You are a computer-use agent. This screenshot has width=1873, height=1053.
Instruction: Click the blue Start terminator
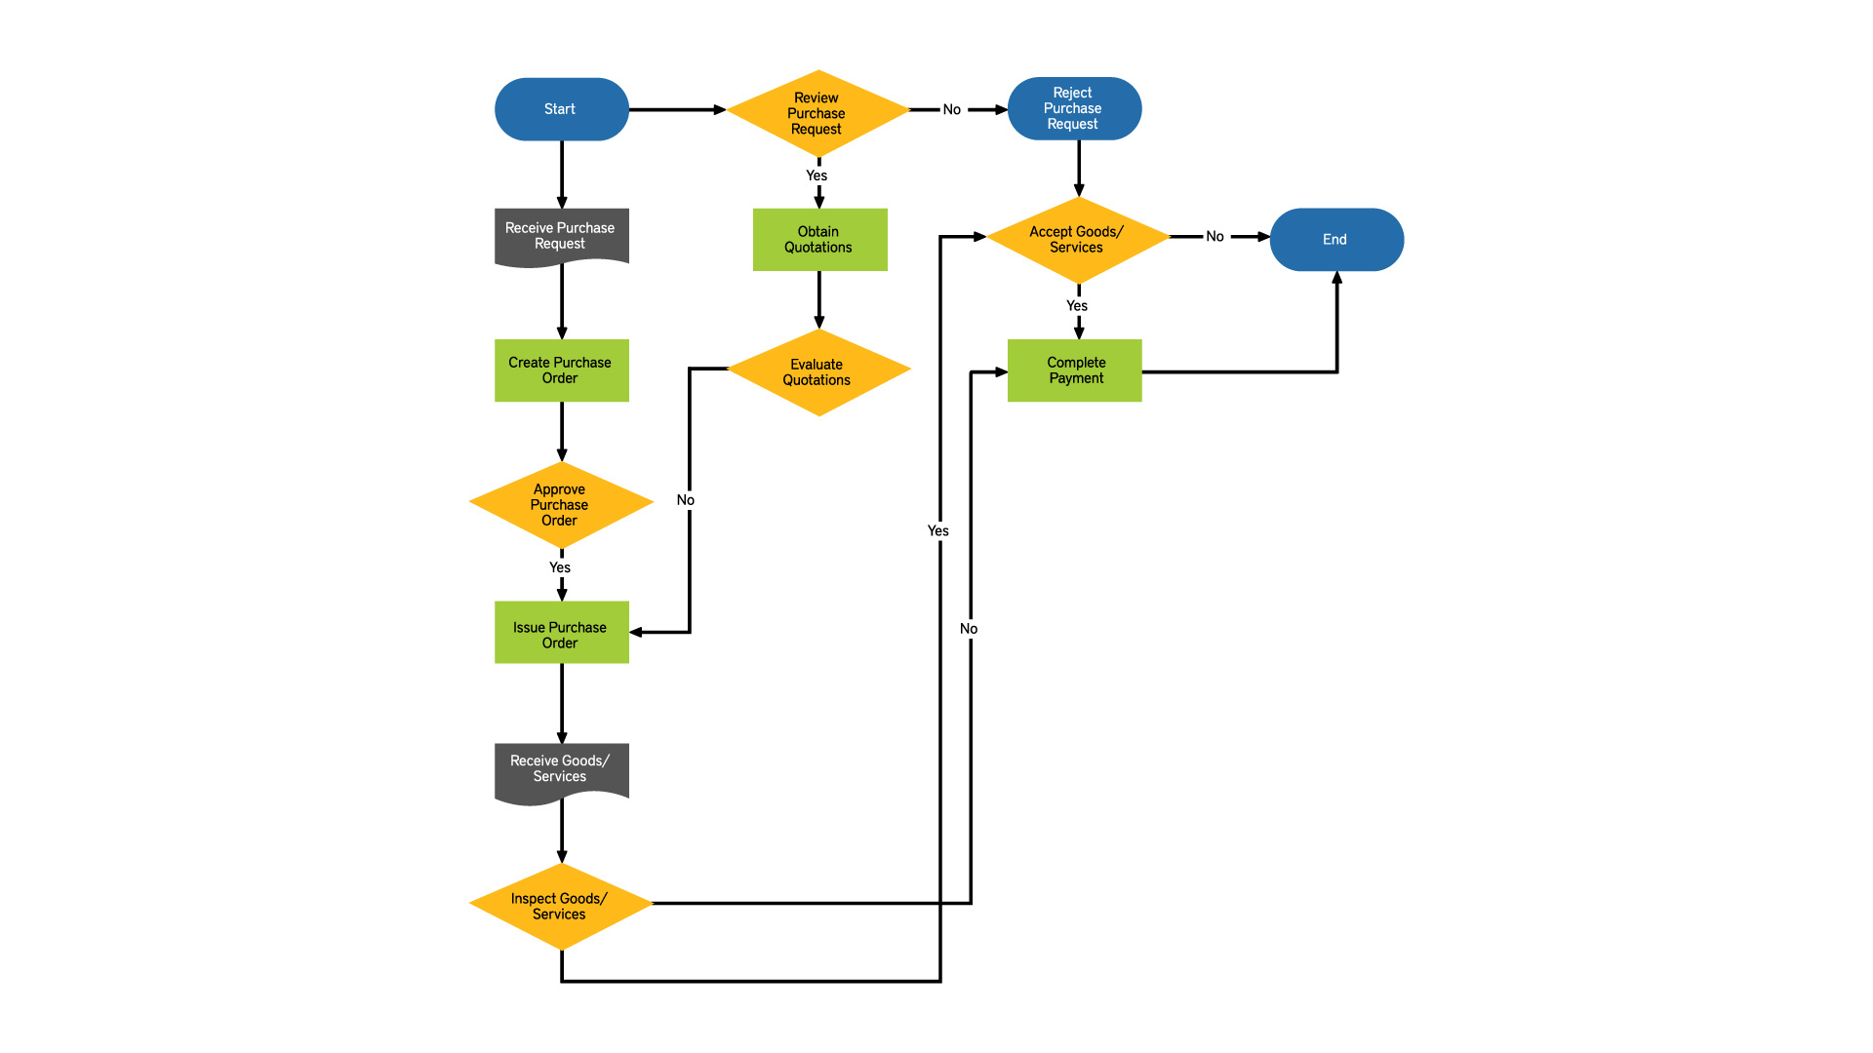[x=561, y=109]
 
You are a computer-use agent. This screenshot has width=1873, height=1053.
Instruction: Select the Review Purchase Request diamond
[x=817, y=113]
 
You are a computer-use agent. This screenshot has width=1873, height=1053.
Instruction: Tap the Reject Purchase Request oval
[x=1073, y=108]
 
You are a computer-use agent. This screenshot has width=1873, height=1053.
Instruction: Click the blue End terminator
[x=1335, y=239]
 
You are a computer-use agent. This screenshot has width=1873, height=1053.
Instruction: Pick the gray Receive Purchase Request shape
[x=561, y=236]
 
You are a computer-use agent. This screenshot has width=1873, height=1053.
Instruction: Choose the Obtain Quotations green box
[x=819, y=239]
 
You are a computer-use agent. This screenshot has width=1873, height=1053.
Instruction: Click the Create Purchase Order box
[x=561, y=370]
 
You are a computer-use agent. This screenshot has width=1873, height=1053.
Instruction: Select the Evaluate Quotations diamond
[x=817, y=371]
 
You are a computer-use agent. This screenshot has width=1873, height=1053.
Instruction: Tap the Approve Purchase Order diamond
[x=560, y=504]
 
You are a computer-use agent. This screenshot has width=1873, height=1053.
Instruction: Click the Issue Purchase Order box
[x=561, y=634]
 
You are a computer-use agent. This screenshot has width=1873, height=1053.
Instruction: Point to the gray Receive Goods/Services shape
[x=561, y=770]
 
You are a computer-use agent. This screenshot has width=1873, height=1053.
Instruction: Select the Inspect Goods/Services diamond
[x=560, y=906]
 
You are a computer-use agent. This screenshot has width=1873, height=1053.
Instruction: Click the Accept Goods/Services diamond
[x=1077, y=239]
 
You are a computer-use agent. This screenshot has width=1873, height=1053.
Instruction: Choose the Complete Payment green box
[x=1074, y=370]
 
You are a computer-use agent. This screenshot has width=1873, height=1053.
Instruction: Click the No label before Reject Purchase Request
[x=951, y=109]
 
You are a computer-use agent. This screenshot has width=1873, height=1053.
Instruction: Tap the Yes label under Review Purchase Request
[x=817, y=175]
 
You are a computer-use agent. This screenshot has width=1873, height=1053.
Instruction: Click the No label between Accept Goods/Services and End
[x=1215, y=236]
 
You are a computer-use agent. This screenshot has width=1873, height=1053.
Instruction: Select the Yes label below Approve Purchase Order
[x=560, y=567]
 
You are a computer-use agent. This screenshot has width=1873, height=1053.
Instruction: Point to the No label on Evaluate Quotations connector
[x=686, y=500]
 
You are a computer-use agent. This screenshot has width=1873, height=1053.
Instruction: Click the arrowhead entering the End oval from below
[x=1336, y=278]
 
